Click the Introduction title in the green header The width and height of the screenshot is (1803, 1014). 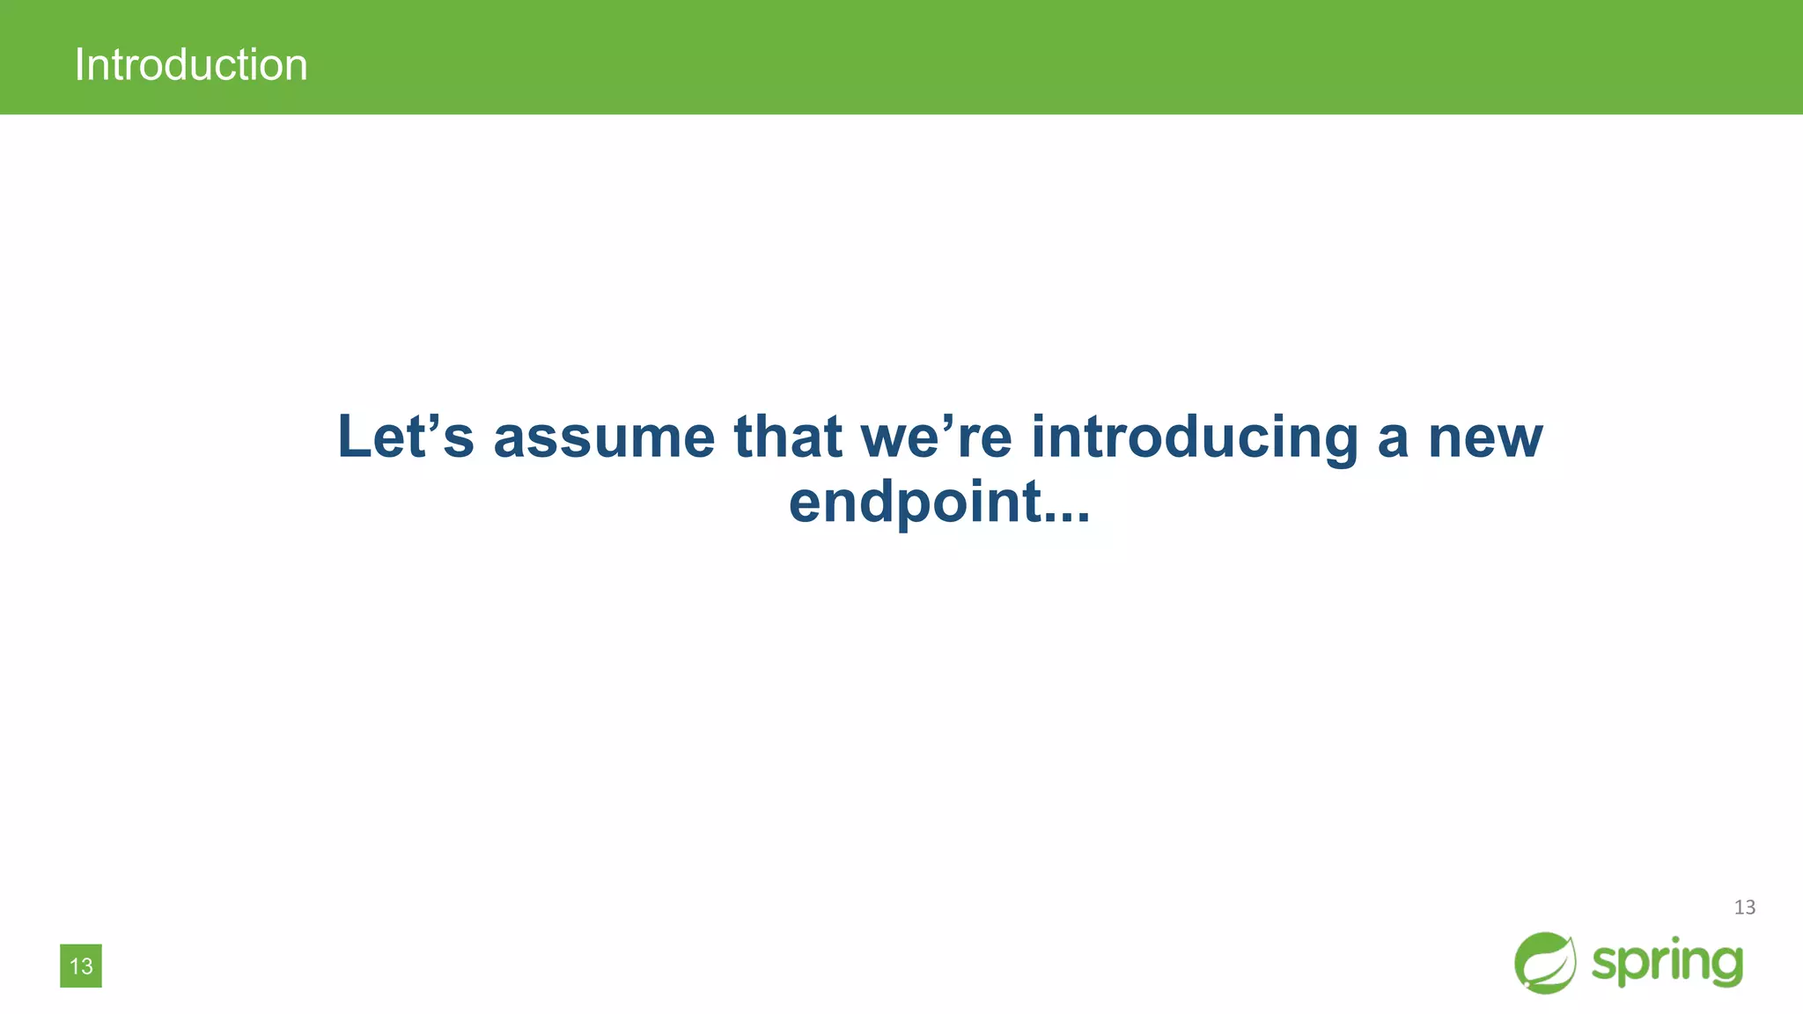tap(191, 65)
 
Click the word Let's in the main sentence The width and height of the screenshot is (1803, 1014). tap(405, 437)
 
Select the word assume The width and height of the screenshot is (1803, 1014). tap(604, 438)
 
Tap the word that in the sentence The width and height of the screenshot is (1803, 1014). tap(788, 437)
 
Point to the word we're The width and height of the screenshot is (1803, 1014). tap(936, 438)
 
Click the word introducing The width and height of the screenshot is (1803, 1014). tap(1195, 438)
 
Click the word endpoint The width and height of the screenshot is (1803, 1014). tap(916, 503)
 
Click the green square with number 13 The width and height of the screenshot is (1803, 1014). tap(81, 966)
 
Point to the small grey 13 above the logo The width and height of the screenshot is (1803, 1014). tap(1744, 907)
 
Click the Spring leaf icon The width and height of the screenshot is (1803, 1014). tap(1545, 963)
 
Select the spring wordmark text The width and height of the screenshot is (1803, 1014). tap(1667, 962)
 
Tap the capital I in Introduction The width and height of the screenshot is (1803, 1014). tap(79, 65)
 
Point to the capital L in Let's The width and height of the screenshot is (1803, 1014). tap(356, 437)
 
